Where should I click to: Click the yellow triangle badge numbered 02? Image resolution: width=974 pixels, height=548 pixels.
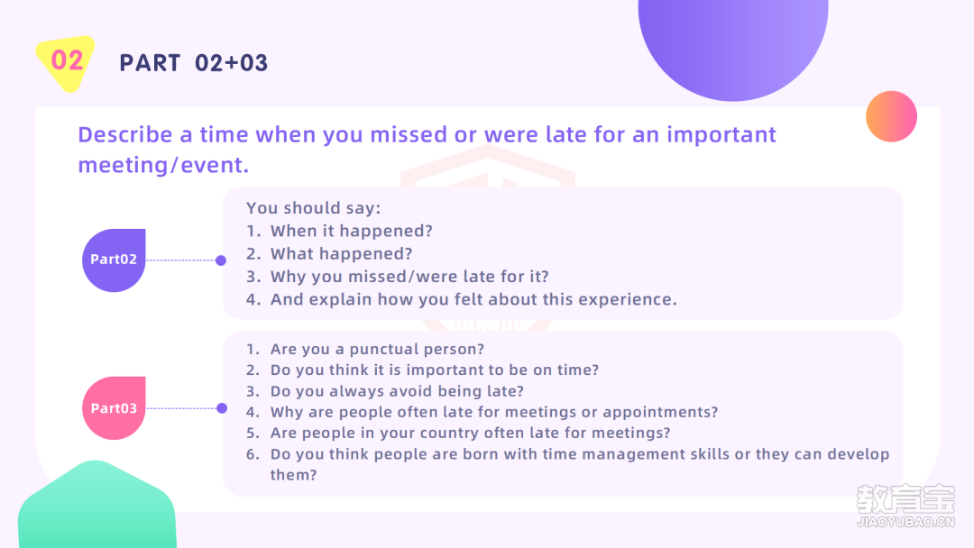point(66,62)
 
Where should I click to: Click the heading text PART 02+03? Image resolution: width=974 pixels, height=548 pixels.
point(194,63)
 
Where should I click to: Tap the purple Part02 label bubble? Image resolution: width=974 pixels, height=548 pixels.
point(114,260)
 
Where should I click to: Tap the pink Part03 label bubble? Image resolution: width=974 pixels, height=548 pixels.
point(114,407)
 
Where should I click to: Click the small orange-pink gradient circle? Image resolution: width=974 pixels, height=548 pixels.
point(891,116)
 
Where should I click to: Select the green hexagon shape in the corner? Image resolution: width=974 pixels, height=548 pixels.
point(96,506)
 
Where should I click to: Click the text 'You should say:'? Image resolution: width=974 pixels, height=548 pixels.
point(313,208)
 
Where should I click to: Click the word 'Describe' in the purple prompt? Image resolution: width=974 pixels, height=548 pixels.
point(124,134)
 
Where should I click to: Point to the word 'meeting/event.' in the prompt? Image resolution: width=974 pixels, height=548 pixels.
point(163,165)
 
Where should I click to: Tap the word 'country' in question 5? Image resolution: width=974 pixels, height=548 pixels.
point(447,434)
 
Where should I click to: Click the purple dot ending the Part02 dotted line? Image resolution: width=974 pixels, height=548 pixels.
point(221,260)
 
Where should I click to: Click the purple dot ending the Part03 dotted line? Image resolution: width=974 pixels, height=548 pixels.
point(222,408)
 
